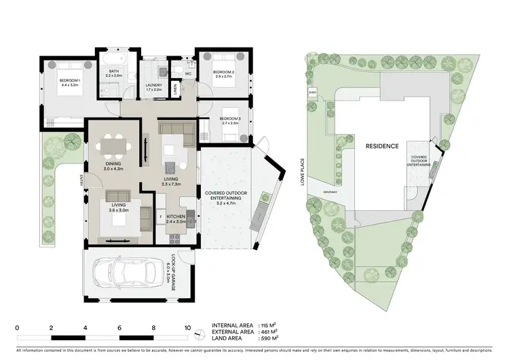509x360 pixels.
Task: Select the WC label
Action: coord(189,73)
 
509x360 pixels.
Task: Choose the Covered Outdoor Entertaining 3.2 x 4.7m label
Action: coord(225,198)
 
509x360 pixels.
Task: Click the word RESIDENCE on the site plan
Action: coord(382,146)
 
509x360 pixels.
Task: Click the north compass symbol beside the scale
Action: coord(197,334)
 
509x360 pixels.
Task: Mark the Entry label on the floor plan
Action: coord(80,180)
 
